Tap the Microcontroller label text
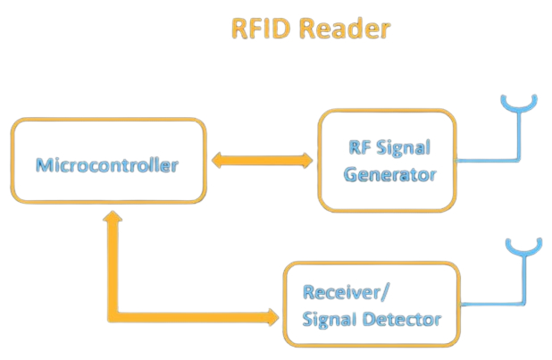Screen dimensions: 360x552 click(x=107, y=165)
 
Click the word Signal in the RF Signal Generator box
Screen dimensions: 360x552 click(x=401, y=148)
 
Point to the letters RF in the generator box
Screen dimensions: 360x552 click(x=359, y=148)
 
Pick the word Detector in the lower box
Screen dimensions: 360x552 click(x=404, y=319)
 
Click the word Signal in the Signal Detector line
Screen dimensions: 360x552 click(x=333, y=319)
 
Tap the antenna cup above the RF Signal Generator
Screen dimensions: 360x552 click(x=517, y=103)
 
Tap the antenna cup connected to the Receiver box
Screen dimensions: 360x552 click(x=524, y=247)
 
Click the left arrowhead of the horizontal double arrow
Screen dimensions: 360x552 click(x=217, y=162)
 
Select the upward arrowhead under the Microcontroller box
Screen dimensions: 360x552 click(x=112, y=219)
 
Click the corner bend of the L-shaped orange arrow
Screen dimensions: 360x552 click(x=113, y=315)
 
